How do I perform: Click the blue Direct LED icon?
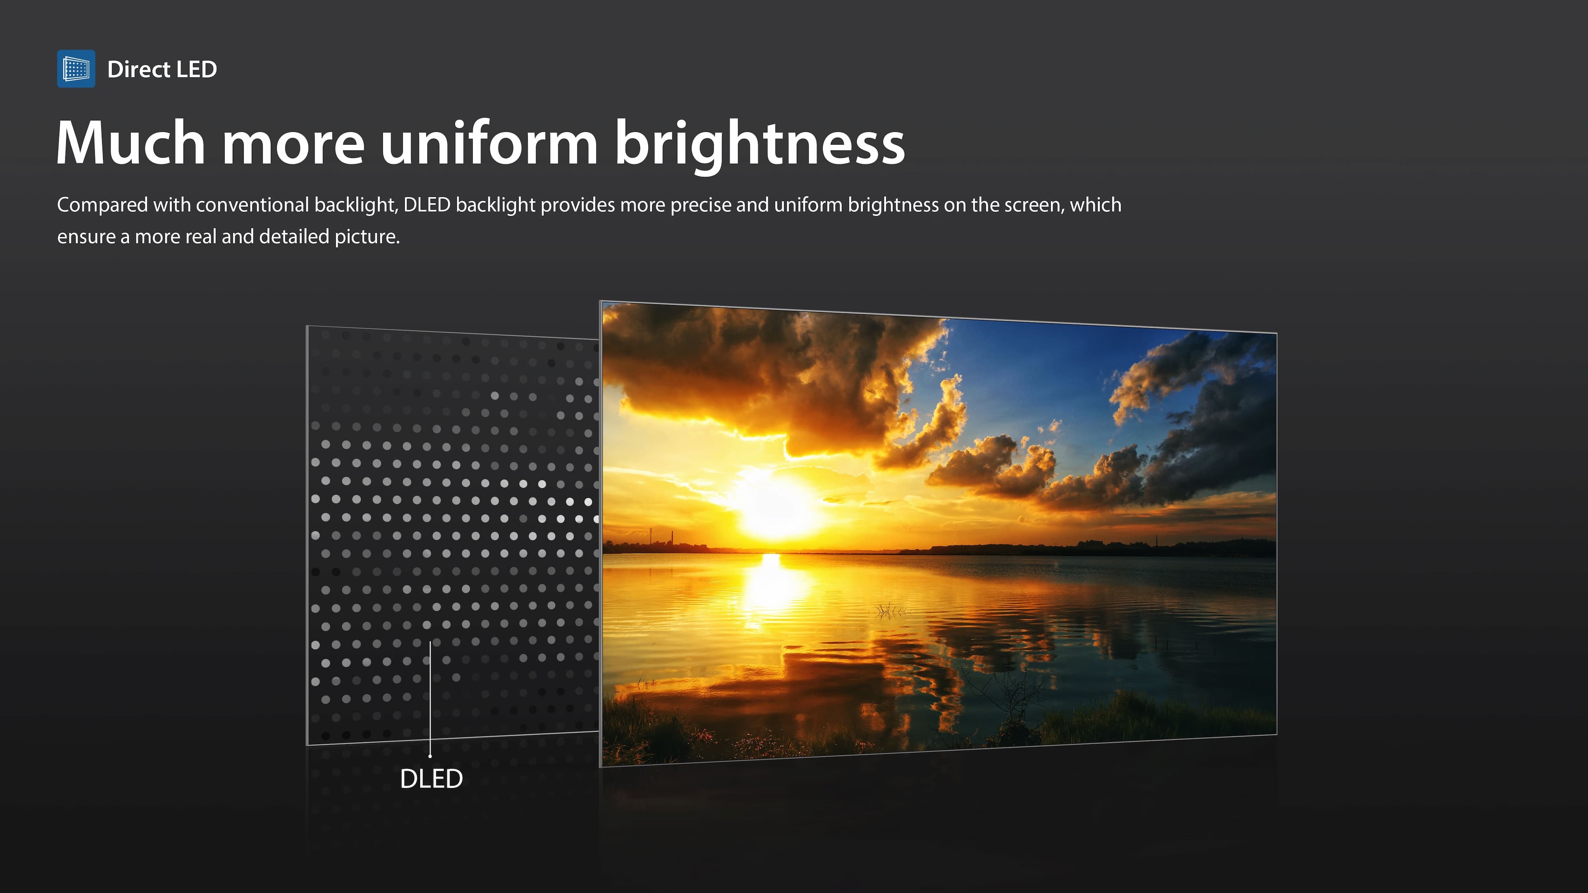[x=76, y=68]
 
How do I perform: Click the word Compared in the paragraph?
[x=102, y=205]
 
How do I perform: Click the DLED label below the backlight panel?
[x=431, y=779]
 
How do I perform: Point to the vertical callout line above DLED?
[x=430, y=699]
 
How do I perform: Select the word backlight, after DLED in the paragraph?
[x=495, y=205]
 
